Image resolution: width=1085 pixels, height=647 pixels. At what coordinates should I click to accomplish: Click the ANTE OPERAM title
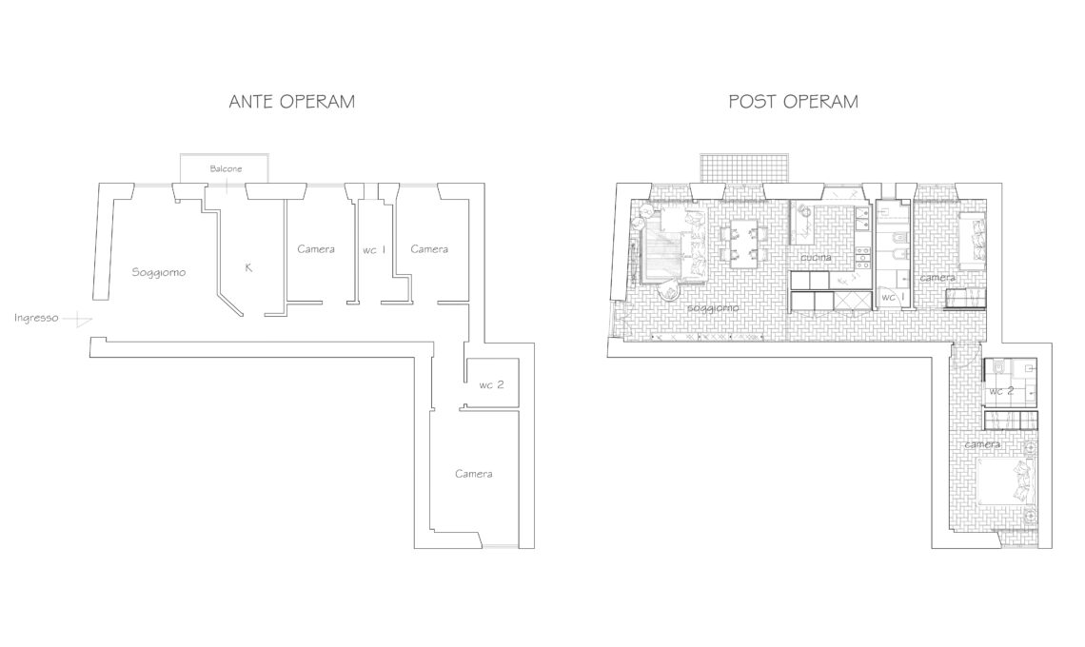(x=291, y=102)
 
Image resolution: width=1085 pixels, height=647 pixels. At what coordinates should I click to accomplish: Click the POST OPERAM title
(x=793, y=102)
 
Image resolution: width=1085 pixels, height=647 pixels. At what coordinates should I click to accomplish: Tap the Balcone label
(x=227, y=168)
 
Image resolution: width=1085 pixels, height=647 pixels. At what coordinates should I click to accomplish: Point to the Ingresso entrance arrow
(x=77, y=320)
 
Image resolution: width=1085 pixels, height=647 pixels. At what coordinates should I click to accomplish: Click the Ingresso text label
(x=36, y=319)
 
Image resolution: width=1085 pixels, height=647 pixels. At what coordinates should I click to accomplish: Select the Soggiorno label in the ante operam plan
(x=158, y=273)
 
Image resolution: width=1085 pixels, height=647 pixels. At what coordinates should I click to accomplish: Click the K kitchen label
(x=248, y=267)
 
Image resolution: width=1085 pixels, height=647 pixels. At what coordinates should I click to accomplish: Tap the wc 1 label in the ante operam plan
(x=374, y=250)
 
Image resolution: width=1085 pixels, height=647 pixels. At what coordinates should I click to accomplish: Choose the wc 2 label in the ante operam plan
(x=491, y=384)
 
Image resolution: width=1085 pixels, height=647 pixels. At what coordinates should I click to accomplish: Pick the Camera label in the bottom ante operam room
(x=474, y=474)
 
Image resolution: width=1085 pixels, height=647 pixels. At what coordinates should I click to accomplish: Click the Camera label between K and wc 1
(x=316, y=249)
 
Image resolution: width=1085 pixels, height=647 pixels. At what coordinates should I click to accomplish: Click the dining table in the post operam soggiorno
(x=743, y=243)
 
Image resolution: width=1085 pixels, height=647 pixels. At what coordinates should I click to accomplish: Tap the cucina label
(x=816, y=258)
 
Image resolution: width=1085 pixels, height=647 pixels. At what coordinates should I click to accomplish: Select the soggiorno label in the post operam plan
(x=713, y=308)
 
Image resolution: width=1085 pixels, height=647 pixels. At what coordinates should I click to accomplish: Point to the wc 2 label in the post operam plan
(x=1001, y=391)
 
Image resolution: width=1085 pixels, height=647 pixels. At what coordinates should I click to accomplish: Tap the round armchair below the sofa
(x=670, y=292)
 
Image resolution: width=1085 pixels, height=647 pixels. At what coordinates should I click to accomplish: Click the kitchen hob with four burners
(x=862, y=258)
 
